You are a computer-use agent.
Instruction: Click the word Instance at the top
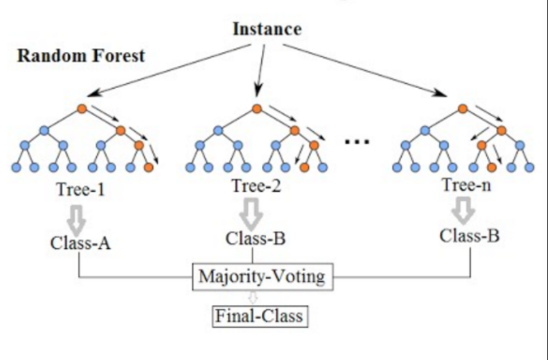click(267, 29)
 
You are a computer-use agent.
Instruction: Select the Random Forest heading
click(81, 55)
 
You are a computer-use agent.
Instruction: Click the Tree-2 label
click(255, 186)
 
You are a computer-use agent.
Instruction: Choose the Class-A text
click(81, 242)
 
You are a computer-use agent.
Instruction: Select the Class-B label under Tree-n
click(469, 236)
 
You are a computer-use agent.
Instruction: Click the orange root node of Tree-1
click(81, 109)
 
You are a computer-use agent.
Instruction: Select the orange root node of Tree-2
click(256, 109)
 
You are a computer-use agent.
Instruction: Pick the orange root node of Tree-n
click(462, 109)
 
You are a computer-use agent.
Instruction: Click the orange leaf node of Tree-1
click(148, 167)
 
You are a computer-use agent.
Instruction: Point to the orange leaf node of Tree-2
click(304, 167)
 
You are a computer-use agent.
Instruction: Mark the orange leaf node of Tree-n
click(492, 167)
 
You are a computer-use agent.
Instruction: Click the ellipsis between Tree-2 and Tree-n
click(357, 141)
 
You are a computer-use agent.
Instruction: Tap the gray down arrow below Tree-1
click(80, 216)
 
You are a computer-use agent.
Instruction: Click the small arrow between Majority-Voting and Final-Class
click(253, 297)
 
